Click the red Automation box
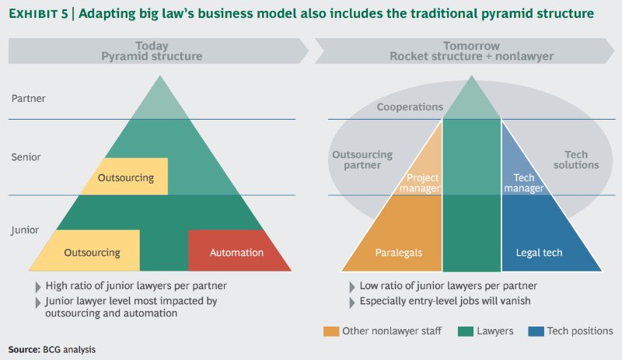coord(236,252)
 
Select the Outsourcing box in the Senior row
coord(125,177)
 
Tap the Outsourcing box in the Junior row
coord(92,252)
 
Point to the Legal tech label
coord(539,252)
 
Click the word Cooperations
coord(411,107)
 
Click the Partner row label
coord(28,99)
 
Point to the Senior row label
coord(26,157)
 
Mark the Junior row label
coord(26,230)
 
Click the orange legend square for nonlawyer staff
coord(330,331)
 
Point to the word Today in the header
coord(152,45)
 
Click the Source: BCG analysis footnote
coord(51,350)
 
